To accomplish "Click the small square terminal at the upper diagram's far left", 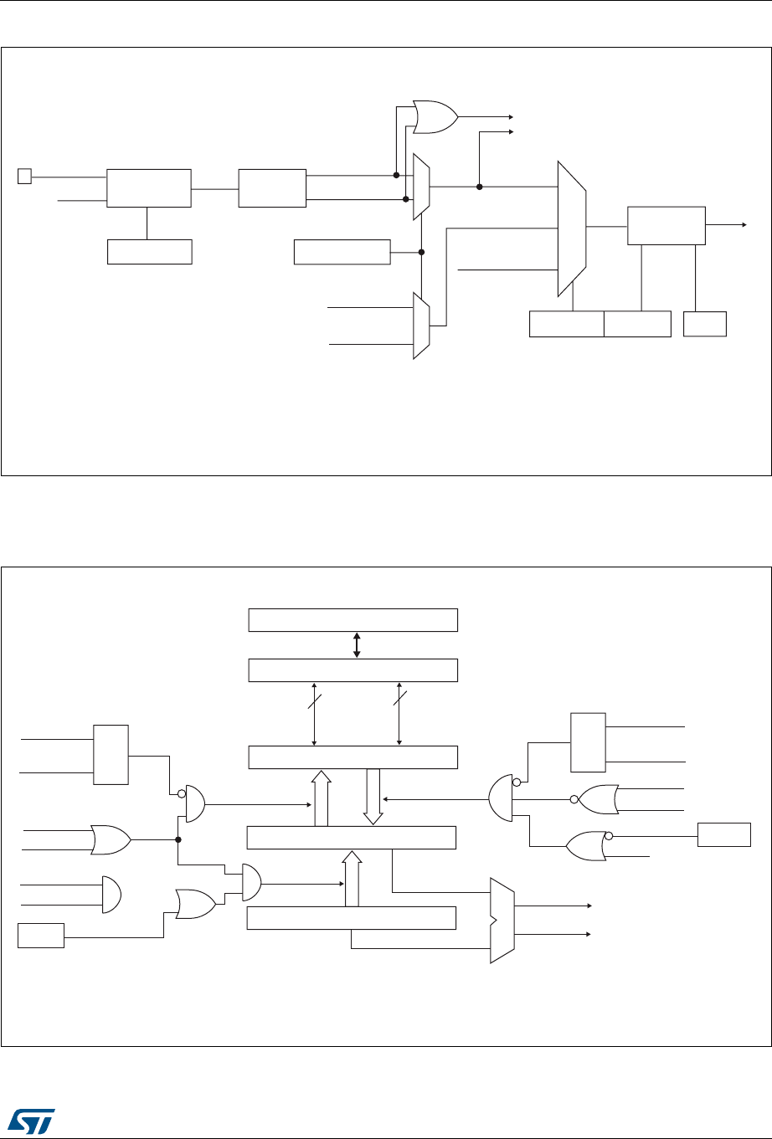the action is [24, 176].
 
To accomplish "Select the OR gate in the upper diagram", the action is [435, 117].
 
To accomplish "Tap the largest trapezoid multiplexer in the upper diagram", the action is [572, 228].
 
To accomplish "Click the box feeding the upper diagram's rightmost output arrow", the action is [666, 225].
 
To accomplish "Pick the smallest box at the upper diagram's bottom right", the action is [705, 324].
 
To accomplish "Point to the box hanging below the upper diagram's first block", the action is [150, 252].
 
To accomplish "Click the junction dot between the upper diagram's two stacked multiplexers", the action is [422, 252].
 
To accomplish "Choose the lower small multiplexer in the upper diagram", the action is [421, 326].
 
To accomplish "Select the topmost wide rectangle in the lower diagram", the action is [353, 619].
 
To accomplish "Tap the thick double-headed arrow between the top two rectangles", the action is [358, 645].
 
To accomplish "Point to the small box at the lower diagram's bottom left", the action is [41, 935].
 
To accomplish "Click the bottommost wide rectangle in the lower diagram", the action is [353, 918].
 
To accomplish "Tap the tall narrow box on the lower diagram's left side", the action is [111, 754].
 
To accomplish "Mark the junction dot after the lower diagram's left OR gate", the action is [178, 839].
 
